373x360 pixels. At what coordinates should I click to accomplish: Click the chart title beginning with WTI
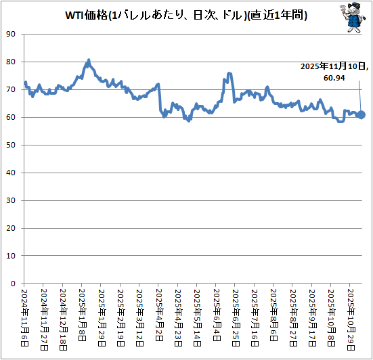coord(186,15)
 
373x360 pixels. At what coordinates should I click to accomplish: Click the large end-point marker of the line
coord(361,115)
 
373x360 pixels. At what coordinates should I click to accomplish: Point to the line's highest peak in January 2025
coord(89,60)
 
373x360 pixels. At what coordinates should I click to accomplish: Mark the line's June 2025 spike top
coord(230,73)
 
